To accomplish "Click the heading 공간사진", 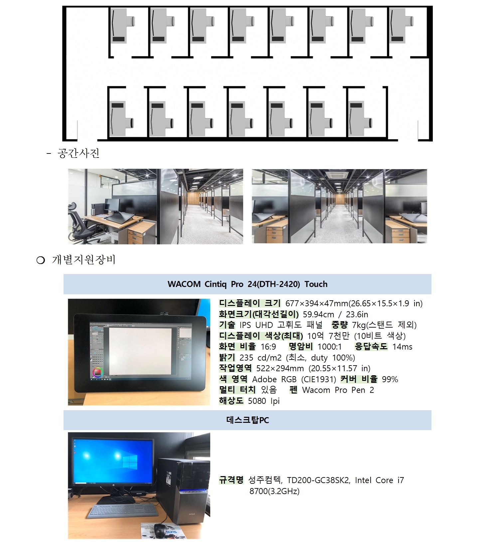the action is point(79,153).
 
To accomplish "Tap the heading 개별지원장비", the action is point(84,260).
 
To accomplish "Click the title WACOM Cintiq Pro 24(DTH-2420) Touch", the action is point(247,284).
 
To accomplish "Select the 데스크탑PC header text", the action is point(247,420).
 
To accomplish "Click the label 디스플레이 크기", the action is point(250,303).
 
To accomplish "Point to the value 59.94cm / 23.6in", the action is point(335,314).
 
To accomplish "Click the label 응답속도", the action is point(371,347).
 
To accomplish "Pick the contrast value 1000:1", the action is point(329,347).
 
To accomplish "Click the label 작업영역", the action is point(235,368).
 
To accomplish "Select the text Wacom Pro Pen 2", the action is point(338,390).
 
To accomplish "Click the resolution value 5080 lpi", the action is point(264,401).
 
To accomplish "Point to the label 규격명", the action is point(231,480).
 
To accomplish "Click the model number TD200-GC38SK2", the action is point(318,480).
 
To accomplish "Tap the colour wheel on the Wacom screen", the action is point(98,372).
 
